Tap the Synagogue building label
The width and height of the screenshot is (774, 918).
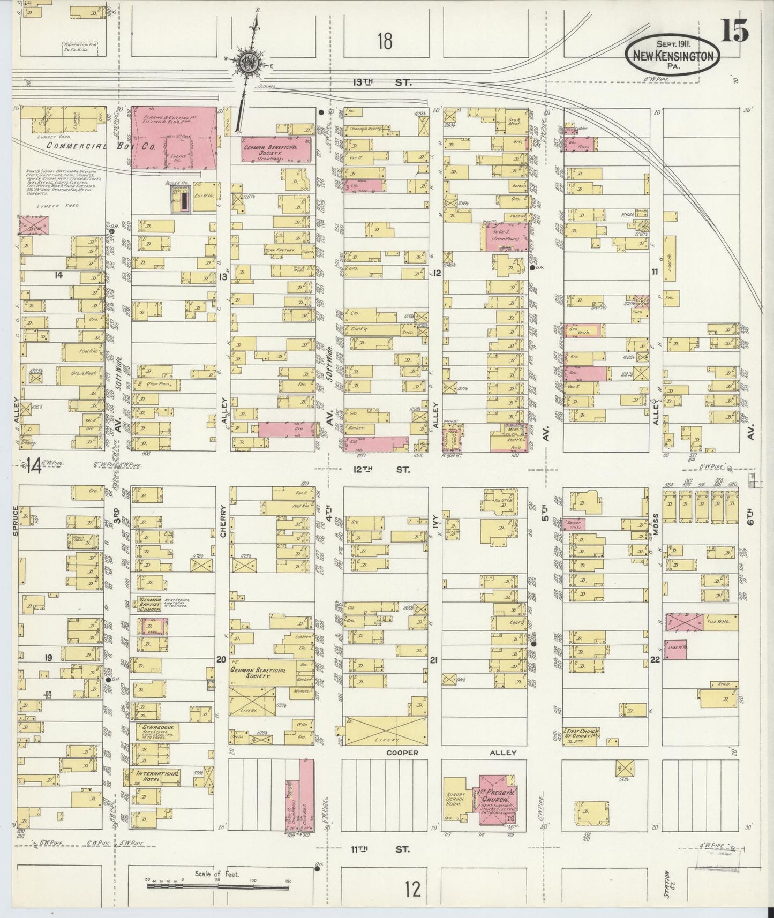pos(153,727)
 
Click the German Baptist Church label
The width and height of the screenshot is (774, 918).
pos(150,603)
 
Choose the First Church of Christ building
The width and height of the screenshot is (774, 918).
pos(581,735)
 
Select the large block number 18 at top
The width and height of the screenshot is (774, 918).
pos(385,41)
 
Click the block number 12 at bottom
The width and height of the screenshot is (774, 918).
pos(413,890)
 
